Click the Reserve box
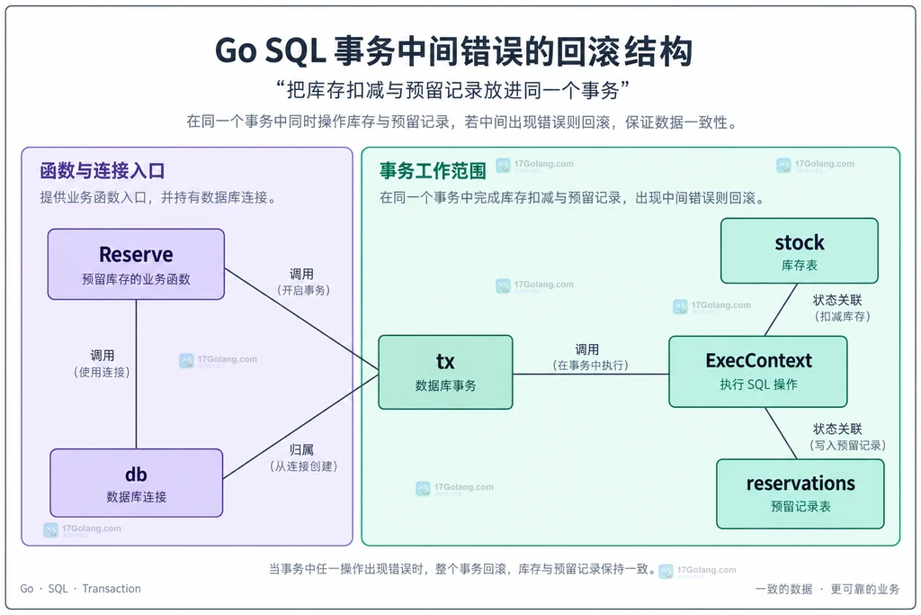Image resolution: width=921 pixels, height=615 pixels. click(136, 264)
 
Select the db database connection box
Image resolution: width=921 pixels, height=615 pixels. click(137, 483)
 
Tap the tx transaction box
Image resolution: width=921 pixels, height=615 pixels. click(445, 372)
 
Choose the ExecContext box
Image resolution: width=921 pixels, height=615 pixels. click(757, 372)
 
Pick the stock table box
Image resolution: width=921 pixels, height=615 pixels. click(800, 251)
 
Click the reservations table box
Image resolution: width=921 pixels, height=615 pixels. click(800, 493)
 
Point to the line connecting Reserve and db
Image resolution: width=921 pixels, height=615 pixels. click(137, 375)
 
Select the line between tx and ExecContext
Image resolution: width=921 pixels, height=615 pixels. click(591, 374)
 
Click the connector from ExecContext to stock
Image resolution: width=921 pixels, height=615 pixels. click(781, 310)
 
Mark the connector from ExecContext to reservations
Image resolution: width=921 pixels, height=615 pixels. click(781, 433)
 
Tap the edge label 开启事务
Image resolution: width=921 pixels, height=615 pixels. click(304, 291)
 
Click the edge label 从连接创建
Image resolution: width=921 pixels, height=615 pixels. click(304, 466)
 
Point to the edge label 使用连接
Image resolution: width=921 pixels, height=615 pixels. click(103, 372)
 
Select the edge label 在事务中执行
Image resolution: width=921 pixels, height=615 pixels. click(590, 365)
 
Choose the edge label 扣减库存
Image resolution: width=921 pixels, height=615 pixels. click(842, 316)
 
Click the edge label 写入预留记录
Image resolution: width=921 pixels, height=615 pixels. click(847, 445)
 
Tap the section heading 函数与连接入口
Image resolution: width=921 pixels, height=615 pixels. click(103, 171)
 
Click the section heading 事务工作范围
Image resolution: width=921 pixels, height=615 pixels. click(433, 171)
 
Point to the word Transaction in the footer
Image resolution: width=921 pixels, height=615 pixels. click(112, 589)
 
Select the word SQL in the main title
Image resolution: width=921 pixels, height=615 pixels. click(295, 51)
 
